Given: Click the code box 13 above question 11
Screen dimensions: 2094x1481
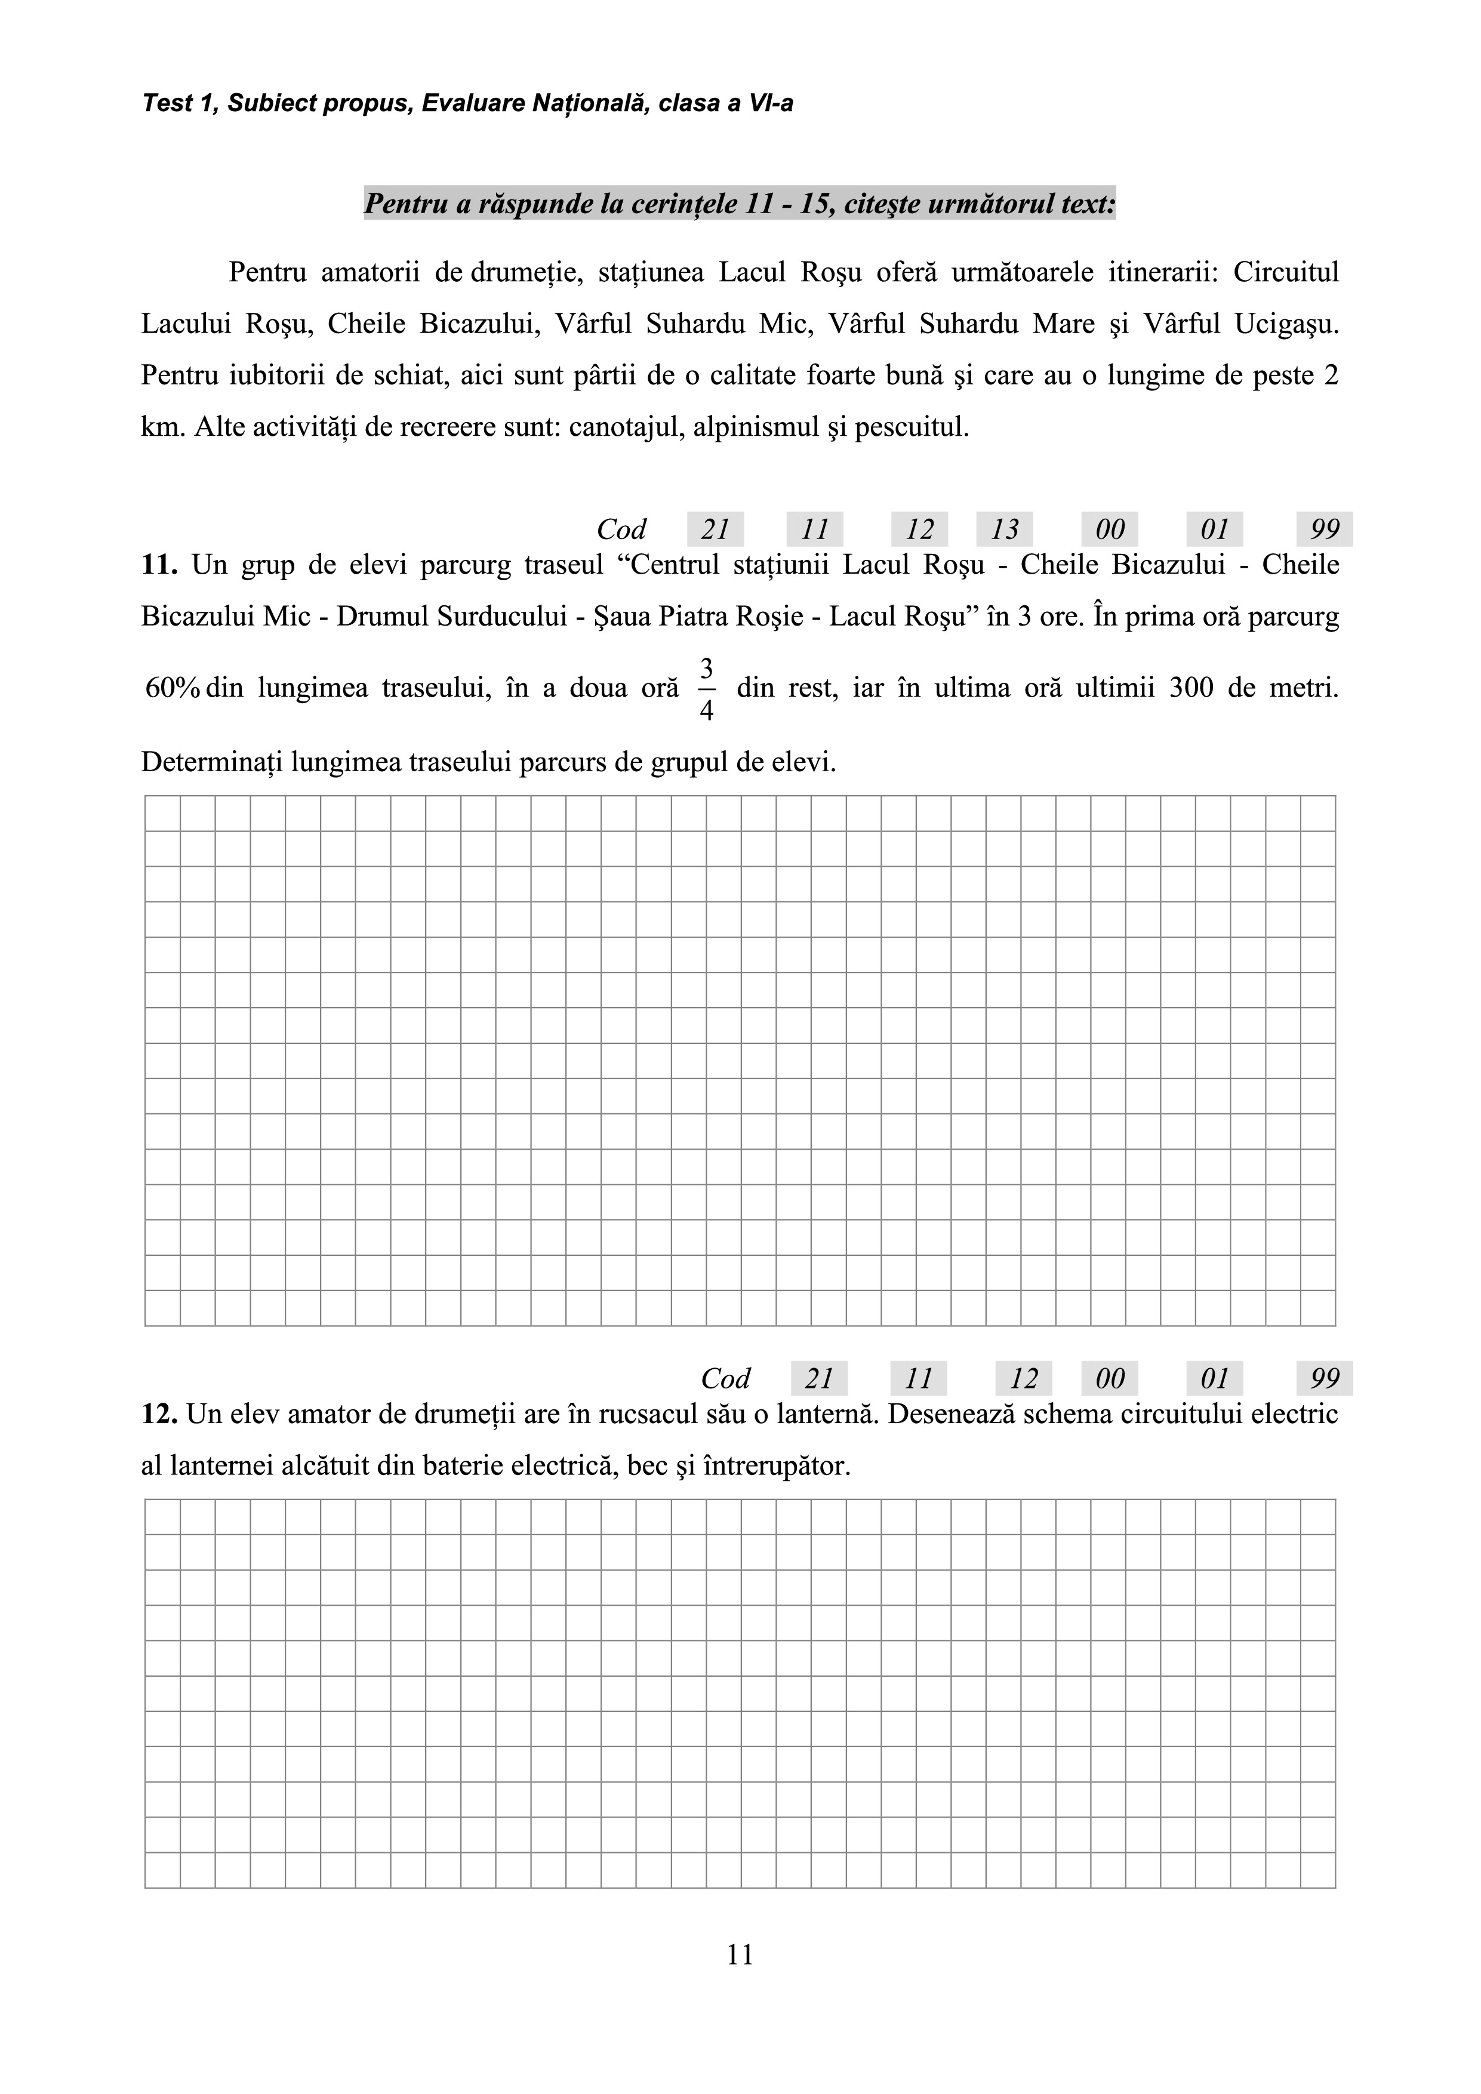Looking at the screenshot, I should (1004, 529).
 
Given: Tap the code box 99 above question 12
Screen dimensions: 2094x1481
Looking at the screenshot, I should (1324, 1378).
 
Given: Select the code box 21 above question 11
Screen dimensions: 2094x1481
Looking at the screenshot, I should (715, 529).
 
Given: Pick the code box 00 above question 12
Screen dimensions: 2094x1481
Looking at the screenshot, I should (1109, 1378).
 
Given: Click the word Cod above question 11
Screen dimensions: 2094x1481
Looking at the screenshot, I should (621, 529).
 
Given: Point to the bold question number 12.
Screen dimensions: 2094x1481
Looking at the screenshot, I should (159, 1415).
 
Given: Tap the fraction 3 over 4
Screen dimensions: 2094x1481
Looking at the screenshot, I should (706, 689).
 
